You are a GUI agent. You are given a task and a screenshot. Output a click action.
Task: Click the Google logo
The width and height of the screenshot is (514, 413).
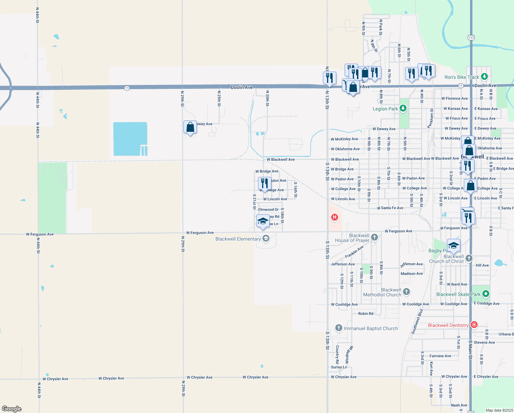pyautogui.click(x=12, y=409)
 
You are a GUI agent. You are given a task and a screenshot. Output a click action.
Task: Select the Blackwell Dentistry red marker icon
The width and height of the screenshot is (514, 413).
pyautogui.click(x=474, y=325)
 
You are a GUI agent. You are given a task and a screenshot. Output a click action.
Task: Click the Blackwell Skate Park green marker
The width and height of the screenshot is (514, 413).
pyautogui.click(x=485, y=294)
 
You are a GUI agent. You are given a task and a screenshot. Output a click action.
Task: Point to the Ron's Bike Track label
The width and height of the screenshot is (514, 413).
pyautogui.click(x=461, y=77)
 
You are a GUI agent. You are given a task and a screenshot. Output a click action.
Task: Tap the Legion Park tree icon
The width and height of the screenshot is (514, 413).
pyautogui.click(x=403, y=109)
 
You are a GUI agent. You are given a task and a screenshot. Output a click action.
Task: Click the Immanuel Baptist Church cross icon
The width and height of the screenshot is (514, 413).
pyautogui.click(x=338, y=328)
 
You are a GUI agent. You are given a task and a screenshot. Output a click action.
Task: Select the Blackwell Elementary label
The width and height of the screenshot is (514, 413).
pyautogui.click(x=238, y=239)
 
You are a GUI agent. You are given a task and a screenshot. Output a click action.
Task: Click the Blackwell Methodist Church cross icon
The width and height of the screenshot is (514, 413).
pyautogui.click(x=406, y=292)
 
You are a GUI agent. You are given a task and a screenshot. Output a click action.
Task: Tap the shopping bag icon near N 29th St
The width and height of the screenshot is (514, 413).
pyautogui.click(x=190, y=127)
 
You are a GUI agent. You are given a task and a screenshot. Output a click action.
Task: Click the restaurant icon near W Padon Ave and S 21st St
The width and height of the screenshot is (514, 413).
pyautogui.click(x=265, y=183)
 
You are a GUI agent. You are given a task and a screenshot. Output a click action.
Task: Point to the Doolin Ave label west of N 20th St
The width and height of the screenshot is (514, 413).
pyautogui.click(x=242, y=87)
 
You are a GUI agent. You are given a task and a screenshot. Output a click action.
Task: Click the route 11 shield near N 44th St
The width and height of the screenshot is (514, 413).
pyautogui.click(x=127, y=88)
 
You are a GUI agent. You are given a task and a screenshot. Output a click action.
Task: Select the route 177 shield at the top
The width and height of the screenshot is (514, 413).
pyautogui.click(x=471, y=38)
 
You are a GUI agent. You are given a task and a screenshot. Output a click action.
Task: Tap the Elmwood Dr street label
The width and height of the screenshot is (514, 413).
pyautogui.click(x=268, y=209)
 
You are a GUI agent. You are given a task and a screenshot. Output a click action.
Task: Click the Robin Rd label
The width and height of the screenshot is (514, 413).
pyautogui.click(x=366, y=314)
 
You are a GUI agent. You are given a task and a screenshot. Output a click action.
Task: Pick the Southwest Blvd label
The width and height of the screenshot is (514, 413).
pyautogui.click(x=417, y=321)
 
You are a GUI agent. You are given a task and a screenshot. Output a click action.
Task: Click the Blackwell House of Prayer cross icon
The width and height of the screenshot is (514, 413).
pyautogui.click(x=375, y=237)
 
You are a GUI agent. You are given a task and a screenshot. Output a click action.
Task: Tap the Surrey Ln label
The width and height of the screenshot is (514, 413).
pyautogui.click(x=339, y=367)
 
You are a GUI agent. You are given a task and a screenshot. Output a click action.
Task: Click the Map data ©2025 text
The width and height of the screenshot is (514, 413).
pyautogui.click(x=499, y=410)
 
